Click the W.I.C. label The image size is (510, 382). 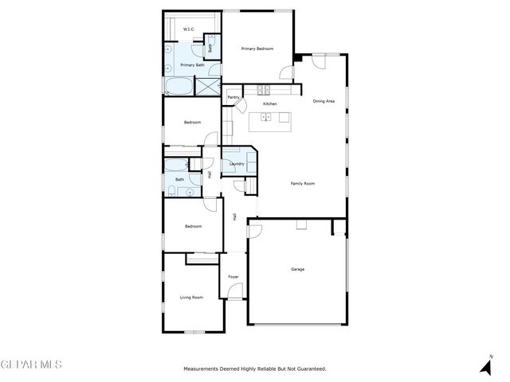189,29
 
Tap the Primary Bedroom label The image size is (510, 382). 257,49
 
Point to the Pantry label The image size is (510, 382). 233,97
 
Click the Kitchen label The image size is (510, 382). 270,104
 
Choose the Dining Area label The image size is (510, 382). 324,101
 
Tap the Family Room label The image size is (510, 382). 303,183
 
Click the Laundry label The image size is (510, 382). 237,164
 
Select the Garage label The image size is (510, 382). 296,269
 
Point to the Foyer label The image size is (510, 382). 233,277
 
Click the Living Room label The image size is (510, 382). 192,297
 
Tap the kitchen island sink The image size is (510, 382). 267,118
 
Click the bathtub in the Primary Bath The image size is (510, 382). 179,86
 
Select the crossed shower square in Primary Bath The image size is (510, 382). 208,86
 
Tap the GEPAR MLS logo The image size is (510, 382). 31,364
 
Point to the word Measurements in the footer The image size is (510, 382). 202,368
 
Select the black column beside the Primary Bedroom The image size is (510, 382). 297,58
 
